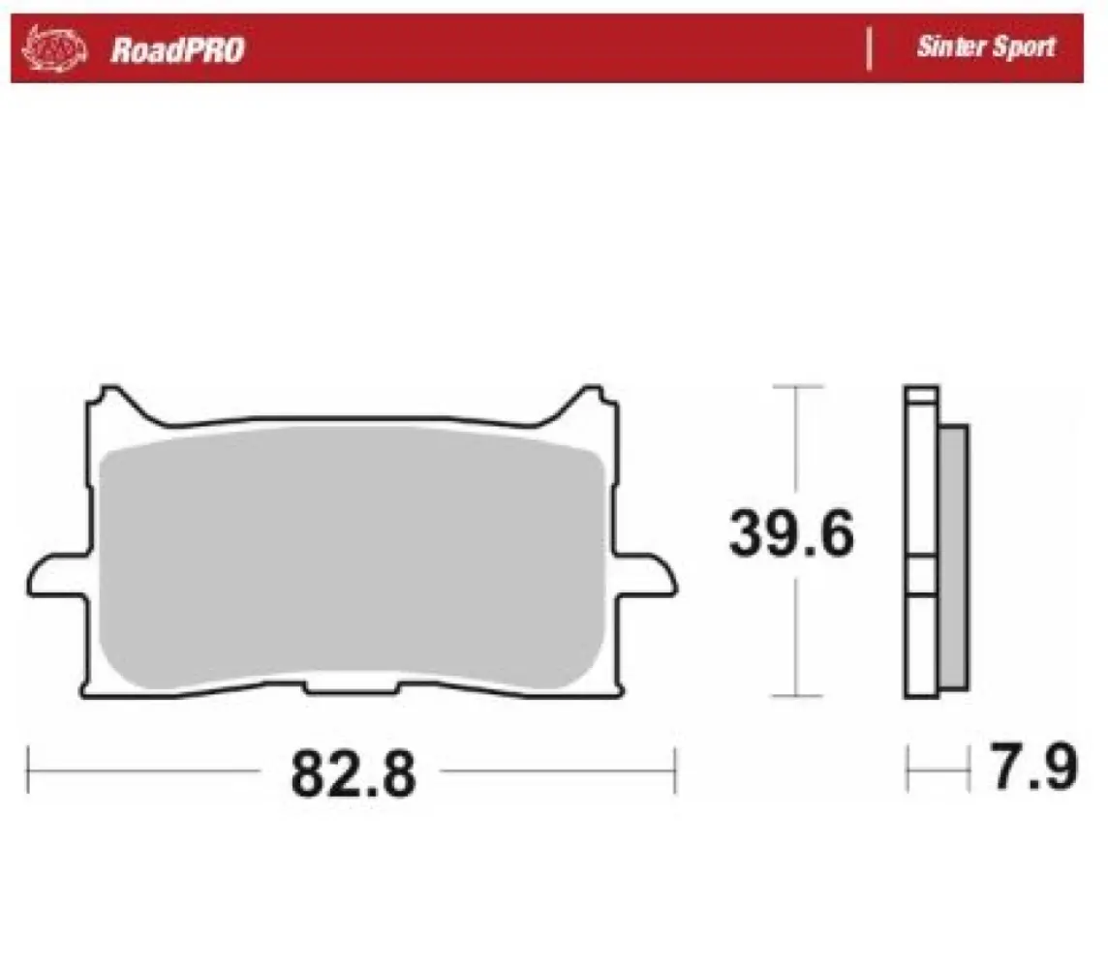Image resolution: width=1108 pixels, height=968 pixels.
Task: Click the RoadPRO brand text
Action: [177, 49]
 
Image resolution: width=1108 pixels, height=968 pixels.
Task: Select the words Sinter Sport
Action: [985, 46]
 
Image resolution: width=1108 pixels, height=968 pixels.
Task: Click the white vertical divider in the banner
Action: [869, 48]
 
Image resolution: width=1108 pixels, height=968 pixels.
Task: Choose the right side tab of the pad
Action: [646, 575]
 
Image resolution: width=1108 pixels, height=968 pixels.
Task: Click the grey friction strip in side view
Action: [953, 557]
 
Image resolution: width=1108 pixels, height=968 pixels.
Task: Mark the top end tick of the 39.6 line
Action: [796, 387]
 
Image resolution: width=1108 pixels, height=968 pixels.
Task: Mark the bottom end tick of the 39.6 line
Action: [796, 696]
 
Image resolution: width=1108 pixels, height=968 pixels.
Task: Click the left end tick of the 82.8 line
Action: [29, 771]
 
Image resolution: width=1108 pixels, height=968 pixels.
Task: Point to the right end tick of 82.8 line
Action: [675, 771]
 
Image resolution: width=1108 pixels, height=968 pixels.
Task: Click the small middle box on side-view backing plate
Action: [921, 576]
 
